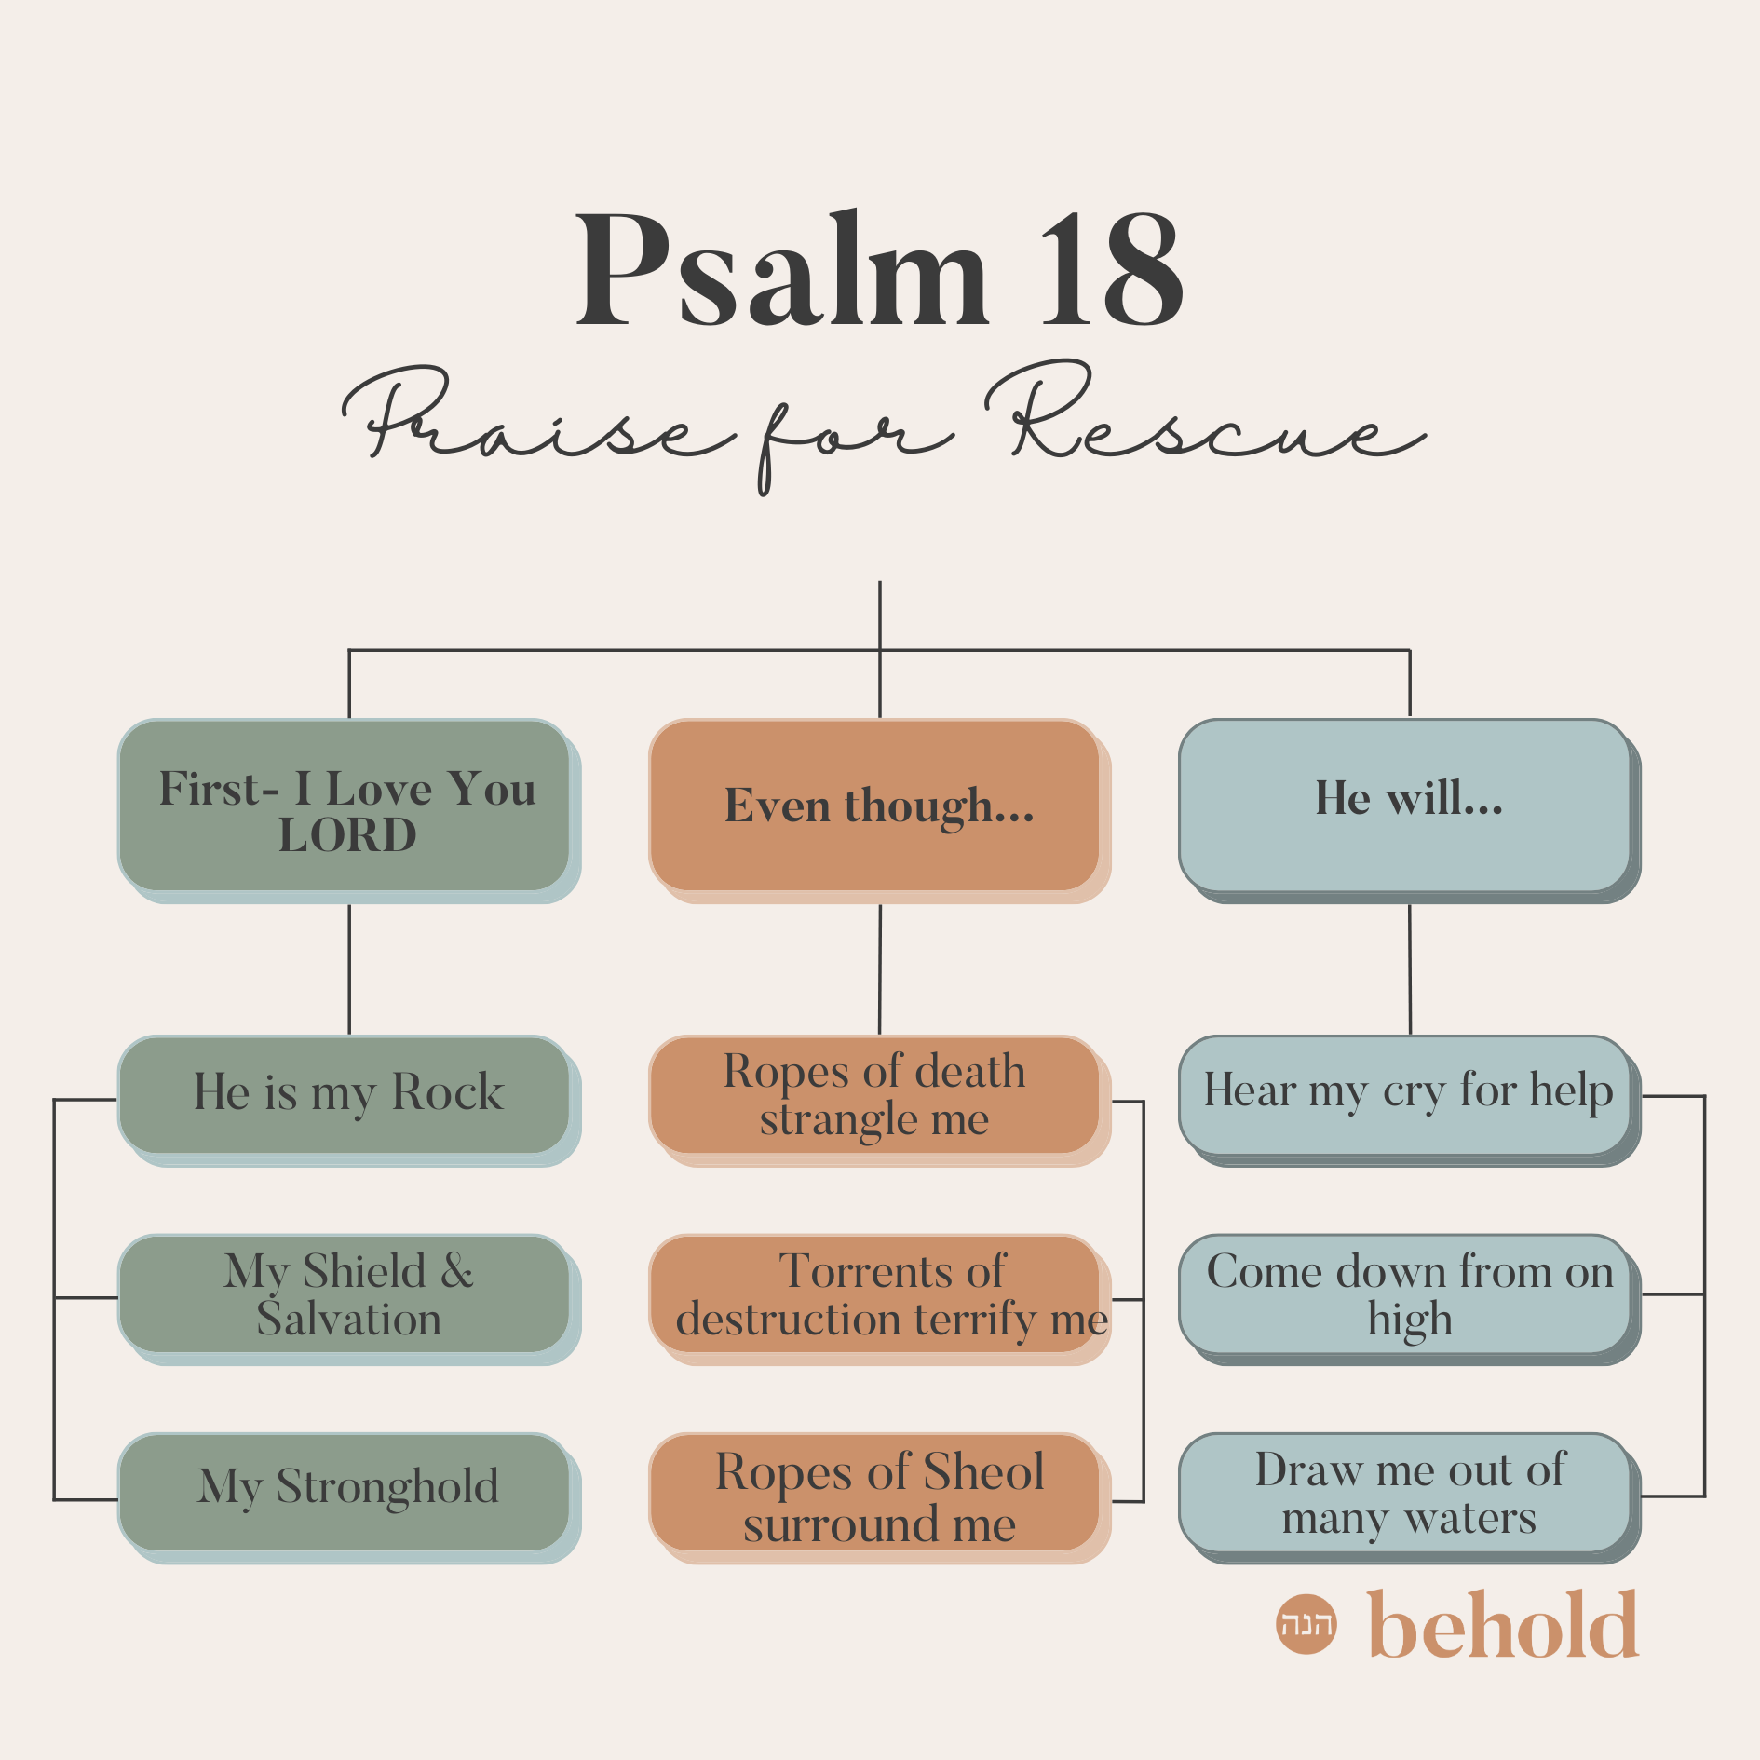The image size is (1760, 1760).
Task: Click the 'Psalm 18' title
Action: coord(879,270)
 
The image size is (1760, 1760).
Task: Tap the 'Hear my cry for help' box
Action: coord(1406,1095)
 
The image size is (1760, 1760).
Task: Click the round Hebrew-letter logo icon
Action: coord(1306,1624)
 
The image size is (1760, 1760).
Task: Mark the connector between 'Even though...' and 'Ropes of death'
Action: coord(880,968)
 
